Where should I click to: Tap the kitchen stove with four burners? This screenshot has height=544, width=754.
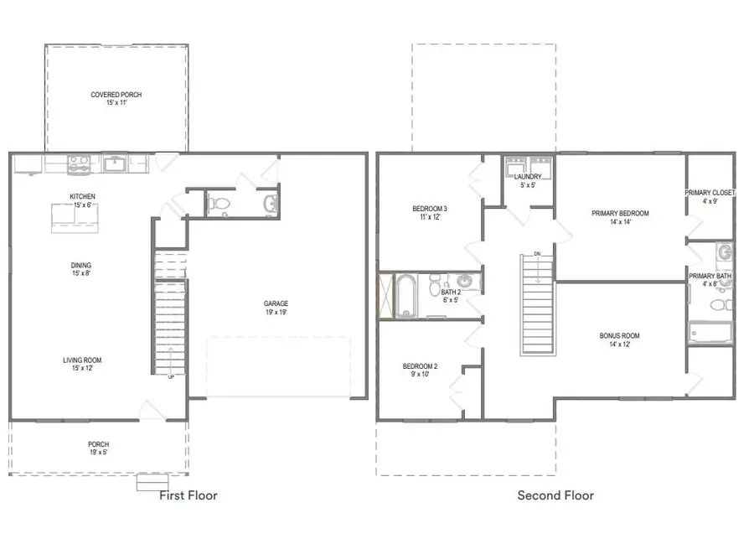pos(79,163)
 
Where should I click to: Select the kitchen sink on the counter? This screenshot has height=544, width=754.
pos(116,163)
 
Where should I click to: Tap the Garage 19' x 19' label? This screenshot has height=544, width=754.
pos(276,308)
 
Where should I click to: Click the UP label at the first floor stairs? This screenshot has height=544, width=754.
pos(173,376)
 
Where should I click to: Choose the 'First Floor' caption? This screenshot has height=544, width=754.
pos(188,495)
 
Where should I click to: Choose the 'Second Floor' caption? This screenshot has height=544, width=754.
pos(555,495)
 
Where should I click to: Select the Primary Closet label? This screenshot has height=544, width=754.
pos(710,193)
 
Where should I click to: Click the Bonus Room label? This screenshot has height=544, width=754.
pos(620,336)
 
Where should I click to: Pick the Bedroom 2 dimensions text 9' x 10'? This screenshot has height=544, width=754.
pos(420,375)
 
